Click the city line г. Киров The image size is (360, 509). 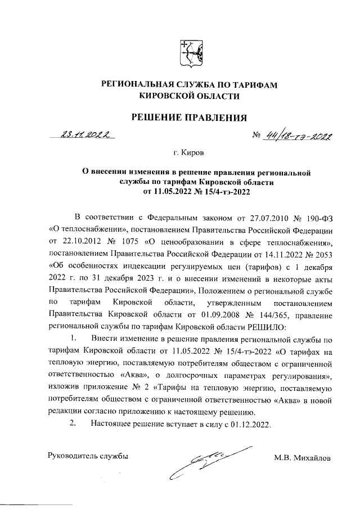click(x=189, y=152)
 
